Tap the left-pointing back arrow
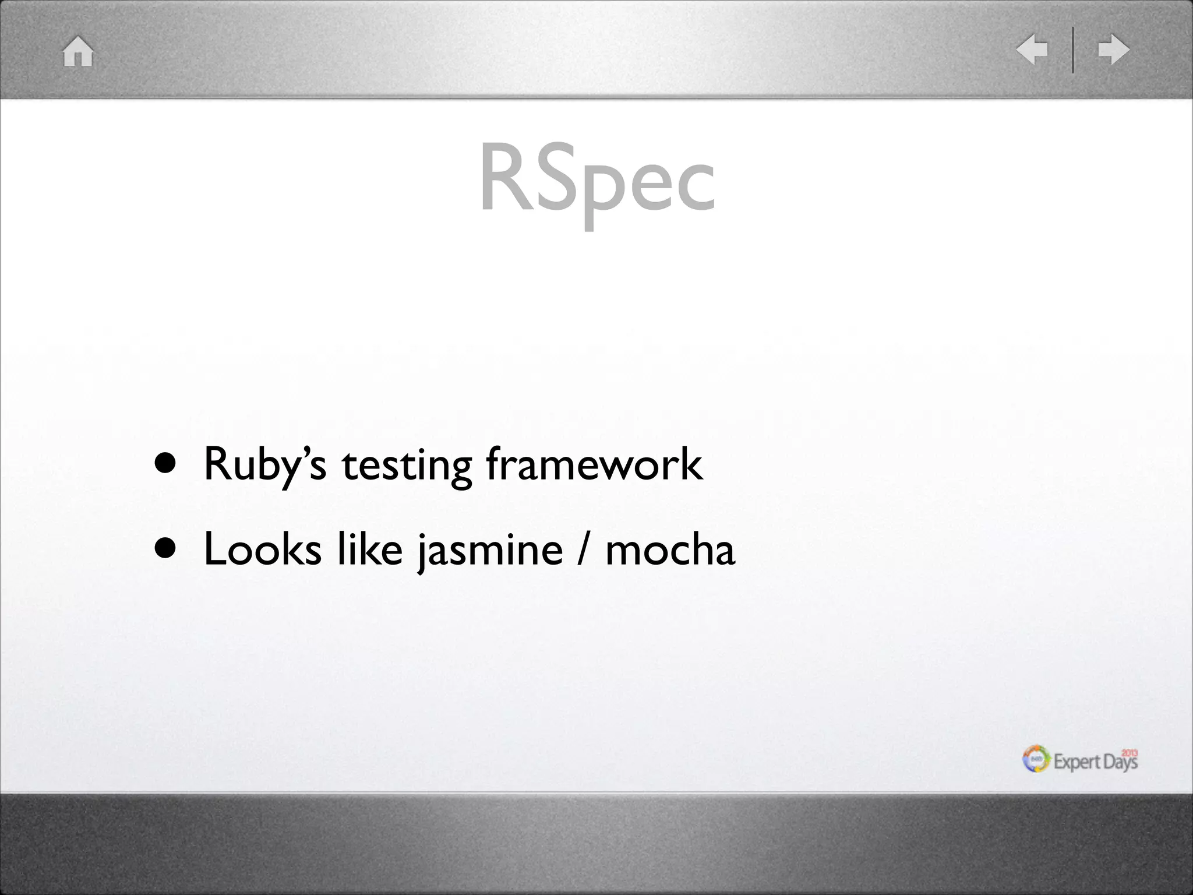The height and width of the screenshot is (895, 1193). point(1032,50)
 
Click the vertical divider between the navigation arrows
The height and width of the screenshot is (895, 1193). point(1073,50)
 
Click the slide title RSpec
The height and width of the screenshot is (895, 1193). point(596,178)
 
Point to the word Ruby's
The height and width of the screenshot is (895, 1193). point(265,464)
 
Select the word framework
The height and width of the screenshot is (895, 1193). point(594,464)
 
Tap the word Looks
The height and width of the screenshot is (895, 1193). point(263,549)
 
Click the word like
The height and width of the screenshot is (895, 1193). point(370,549)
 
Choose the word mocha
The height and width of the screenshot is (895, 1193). point(670,549)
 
